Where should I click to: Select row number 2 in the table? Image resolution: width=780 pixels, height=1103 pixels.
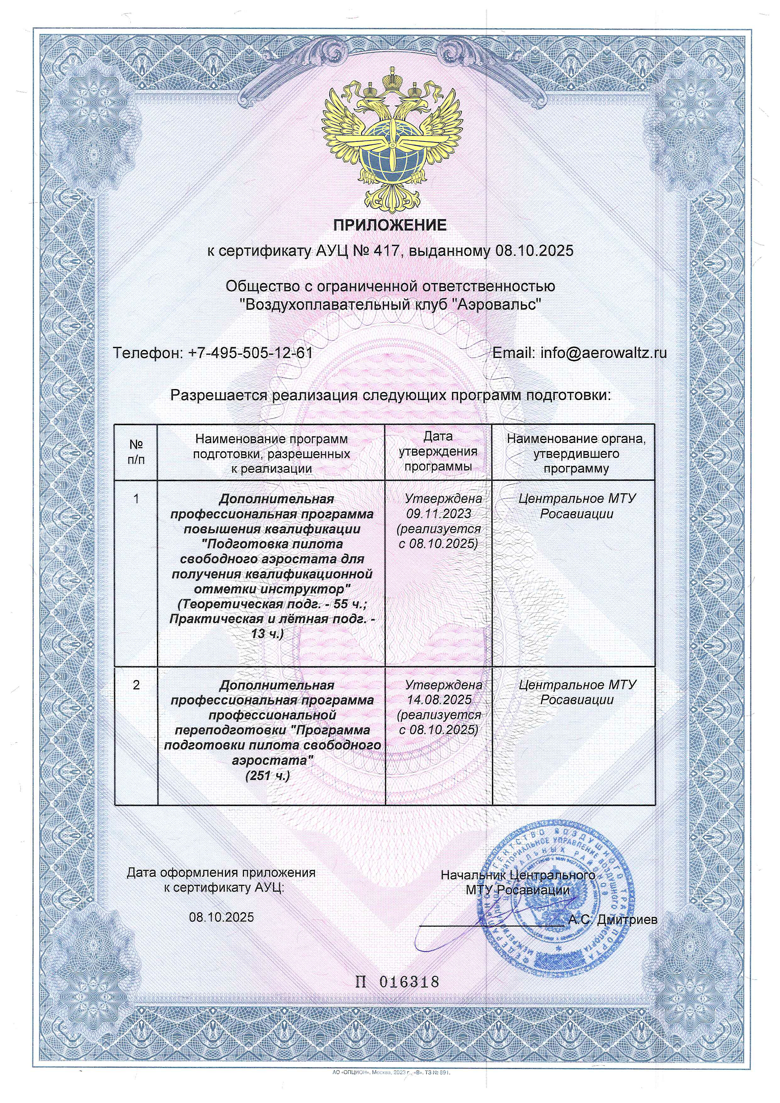pyautogui.click(x=136, y=685)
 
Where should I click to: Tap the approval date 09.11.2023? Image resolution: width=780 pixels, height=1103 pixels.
pyautogui.click(x=438, y=514)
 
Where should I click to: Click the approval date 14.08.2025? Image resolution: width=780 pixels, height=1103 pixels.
pyautogui.click(x=438, y=699)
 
